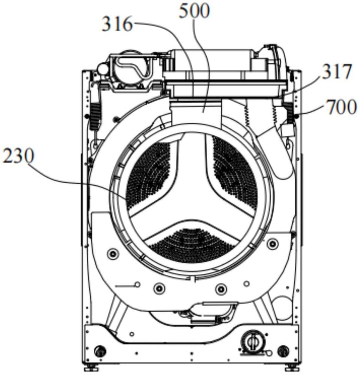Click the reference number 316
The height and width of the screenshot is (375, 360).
click(117, 25)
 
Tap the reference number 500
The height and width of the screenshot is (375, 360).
click(194, 11)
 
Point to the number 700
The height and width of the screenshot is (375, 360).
click(342, 107)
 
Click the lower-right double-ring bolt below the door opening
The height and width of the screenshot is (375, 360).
click(221, 289)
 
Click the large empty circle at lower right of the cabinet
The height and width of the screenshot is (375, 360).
click(282, 308)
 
